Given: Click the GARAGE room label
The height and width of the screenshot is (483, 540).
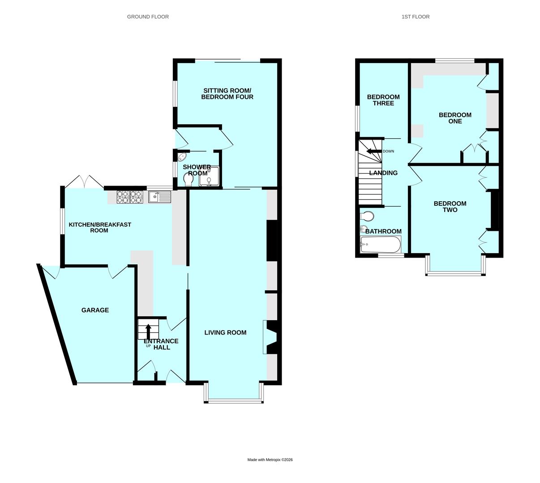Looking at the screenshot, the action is pyautogui.click(x=95, y=310).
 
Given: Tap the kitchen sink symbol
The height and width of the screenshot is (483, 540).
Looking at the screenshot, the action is pyautogui.click(x=160, y=197).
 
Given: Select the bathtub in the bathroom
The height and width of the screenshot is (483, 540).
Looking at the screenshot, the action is pyautogui.click(x=380, y=245).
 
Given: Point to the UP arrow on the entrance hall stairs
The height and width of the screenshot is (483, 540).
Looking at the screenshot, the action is pyautogui.click(x=148, y=332).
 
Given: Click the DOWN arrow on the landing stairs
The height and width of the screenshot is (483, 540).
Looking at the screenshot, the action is pyautogui.click(x=374, y=151).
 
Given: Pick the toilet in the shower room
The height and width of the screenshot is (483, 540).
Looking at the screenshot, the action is pyautogui.click(x=189, y=179).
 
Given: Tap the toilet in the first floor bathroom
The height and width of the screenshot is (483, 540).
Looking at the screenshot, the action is pyautogui.click(x=367, y=216).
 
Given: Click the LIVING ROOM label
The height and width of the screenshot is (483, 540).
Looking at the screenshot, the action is pyautogui.click(x=225, y=332).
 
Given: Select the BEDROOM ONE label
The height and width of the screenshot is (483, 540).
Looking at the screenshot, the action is pyautogui.click(x=455, y=118).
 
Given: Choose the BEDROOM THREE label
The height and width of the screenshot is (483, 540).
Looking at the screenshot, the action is pyautogui.click(x=383, y=100).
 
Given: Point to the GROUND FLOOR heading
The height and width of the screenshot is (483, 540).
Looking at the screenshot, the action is pyautogui.click(x=148, y=17).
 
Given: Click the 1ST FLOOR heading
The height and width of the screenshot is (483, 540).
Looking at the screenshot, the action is pyautogui.click(x=416, y=17).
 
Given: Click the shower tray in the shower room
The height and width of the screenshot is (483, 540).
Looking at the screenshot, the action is pyautogui.click(x=209, y=176).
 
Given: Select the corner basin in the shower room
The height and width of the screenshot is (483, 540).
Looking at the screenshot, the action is pyautogui.click(x=182, y=157).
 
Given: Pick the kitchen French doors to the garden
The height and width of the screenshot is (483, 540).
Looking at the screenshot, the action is pyautogui.click(x=84, y=182).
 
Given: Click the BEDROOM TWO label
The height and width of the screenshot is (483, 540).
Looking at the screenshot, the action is pyautogui.click(x=450, y=207).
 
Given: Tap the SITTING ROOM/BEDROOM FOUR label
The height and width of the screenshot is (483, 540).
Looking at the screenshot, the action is pyautogui.click(x=227, y=94).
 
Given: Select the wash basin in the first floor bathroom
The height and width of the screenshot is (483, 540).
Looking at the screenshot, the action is pyautogui.click(x=363, y=229).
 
